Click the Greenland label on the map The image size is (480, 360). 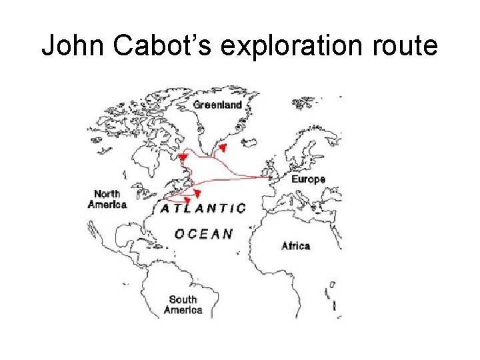[217, 105]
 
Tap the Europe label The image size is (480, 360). [308, 179]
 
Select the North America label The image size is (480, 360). [107, 199]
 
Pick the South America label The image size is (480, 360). [183, 305]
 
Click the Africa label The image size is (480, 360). [295, 246]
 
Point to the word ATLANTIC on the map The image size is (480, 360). [203, 208]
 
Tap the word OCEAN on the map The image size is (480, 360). [203, 233]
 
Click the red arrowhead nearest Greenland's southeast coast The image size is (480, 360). [223, 147]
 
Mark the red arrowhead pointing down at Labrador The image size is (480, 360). [183, 157]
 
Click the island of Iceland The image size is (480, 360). [251, 142]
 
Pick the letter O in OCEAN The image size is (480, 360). [179, 233]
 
